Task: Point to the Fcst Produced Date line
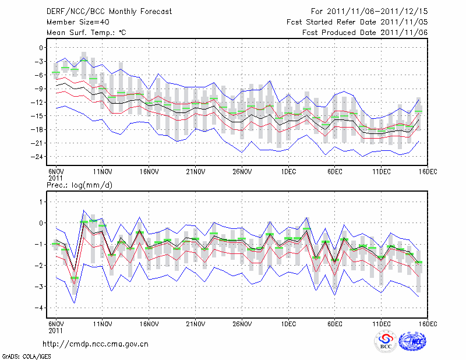tap(365, 33)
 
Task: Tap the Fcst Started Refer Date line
tap(357, 22)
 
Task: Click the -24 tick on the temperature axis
tap(39, 157)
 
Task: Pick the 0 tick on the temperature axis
tap(41, 48)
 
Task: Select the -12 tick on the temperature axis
tap(39, 103)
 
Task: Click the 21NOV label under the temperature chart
tap(195, 171)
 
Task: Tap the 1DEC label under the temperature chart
tap(288, 171)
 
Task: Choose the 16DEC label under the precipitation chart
tap(428, 323)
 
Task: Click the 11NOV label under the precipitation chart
tap(103, 323)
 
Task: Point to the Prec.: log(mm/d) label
tap(79, 185)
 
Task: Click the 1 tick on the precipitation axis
tap(41, 202)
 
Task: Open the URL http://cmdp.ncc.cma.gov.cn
tap(96, 344)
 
